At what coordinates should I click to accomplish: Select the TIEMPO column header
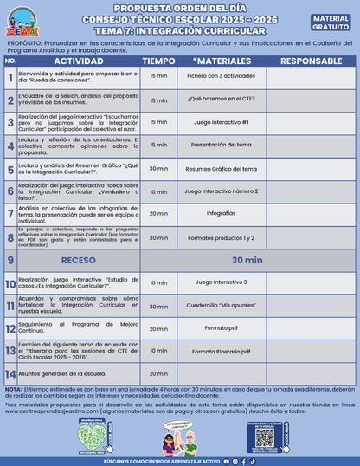click(x=158, y=61)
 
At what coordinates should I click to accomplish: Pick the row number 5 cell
click(x=10, y=168)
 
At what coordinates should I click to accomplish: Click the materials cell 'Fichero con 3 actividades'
click(x=221, y=76)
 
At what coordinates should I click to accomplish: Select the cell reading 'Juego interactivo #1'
click(x=221, y=122)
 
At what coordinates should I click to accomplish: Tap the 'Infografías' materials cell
click(x=221, y=213)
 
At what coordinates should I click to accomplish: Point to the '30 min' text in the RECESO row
click(x=246, y=259)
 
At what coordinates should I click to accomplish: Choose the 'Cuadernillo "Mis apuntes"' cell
click(x=221, y=305)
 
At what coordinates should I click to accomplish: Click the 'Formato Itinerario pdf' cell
click(x=221, y=352)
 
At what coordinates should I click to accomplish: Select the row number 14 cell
click(x=10, y=374)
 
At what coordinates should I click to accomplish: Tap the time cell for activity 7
click(x=158, y=213)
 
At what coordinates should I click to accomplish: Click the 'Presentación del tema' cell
click(x=221, y=145)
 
